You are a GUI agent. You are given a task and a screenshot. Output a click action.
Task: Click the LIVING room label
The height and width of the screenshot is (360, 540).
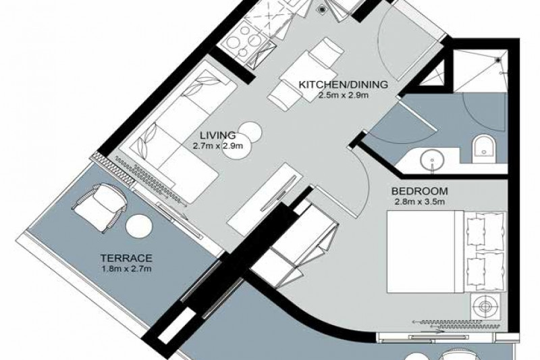[218, 135]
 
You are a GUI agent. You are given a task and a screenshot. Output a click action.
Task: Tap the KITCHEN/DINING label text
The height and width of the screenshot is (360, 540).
[343, 84]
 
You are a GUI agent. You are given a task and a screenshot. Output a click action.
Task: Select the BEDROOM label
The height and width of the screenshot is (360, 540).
[419, 191]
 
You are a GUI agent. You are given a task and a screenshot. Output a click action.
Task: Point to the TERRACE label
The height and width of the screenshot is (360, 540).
[126, 258]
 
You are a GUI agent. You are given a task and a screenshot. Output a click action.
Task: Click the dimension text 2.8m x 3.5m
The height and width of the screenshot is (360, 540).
[420, 202]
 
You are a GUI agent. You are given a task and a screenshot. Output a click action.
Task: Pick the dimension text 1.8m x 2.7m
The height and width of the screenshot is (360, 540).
[126, 269]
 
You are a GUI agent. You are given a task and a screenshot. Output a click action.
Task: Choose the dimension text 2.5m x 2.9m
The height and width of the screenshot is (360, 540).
[344, 95]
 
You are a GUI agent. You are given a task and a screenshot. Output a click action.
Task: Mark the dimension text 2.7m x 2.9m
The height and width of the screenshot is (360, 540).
[218, 146]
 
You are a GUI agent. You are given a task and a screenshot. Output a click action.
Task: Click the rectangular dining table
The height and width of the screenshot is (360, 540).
[308, 76]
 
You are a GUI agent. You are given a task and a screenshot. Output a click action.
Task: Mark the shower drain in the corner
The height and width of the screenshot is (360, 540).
[498, 60]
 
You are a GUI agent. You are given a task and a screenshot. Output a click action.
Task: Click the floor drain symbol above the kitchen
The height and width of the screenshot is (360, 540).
[322, 9]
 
